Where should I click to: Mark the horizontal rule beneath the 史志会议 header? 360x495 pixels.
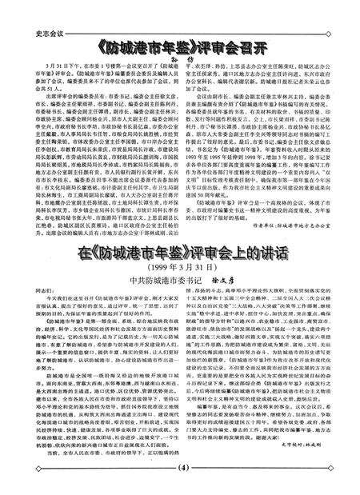180,18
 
